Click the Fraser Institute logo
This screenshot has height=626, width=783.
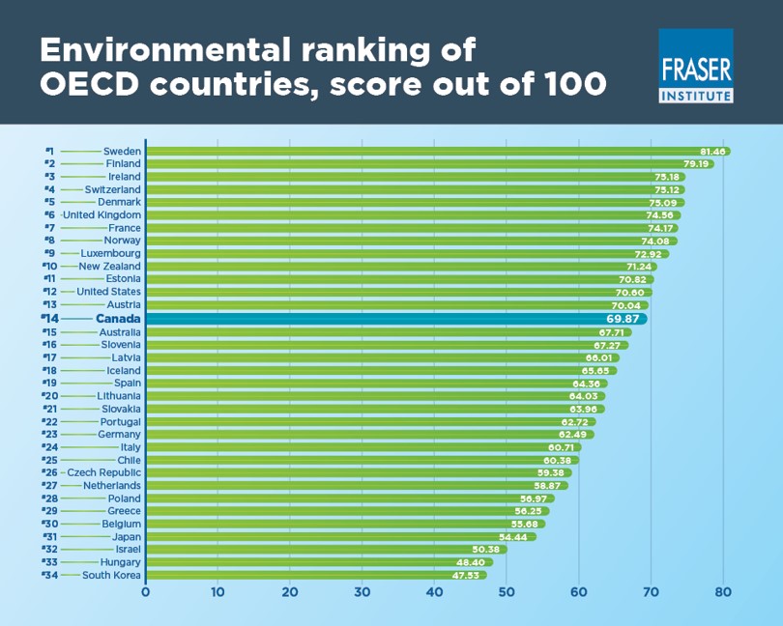[695, 66]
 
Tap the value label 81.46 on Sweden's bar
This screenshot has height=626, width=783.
[712, 152]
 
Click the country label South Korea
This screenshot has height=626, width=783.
[111, 575]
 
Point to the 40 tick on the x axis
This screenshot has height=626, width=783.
[434, 591]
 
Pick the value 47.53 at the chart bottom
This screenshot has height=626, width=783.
[469, 575]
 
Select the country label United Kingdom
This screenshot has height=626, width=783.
[101, 214]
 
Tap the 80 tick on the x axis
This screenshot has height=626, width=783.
[722, 591]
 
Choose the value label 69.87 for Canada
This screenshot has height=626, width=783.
[625, 318]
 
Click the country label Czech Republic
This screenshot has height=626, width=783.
[103, 472]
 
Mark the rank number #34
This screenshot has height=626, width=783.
[50, 575]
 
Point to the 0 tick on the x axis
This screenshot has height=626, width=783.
[146, 591]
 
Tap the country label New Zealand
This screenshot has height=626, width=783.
[109, 267]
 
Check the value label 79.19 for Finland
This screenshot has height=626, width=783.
[697, 164]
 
